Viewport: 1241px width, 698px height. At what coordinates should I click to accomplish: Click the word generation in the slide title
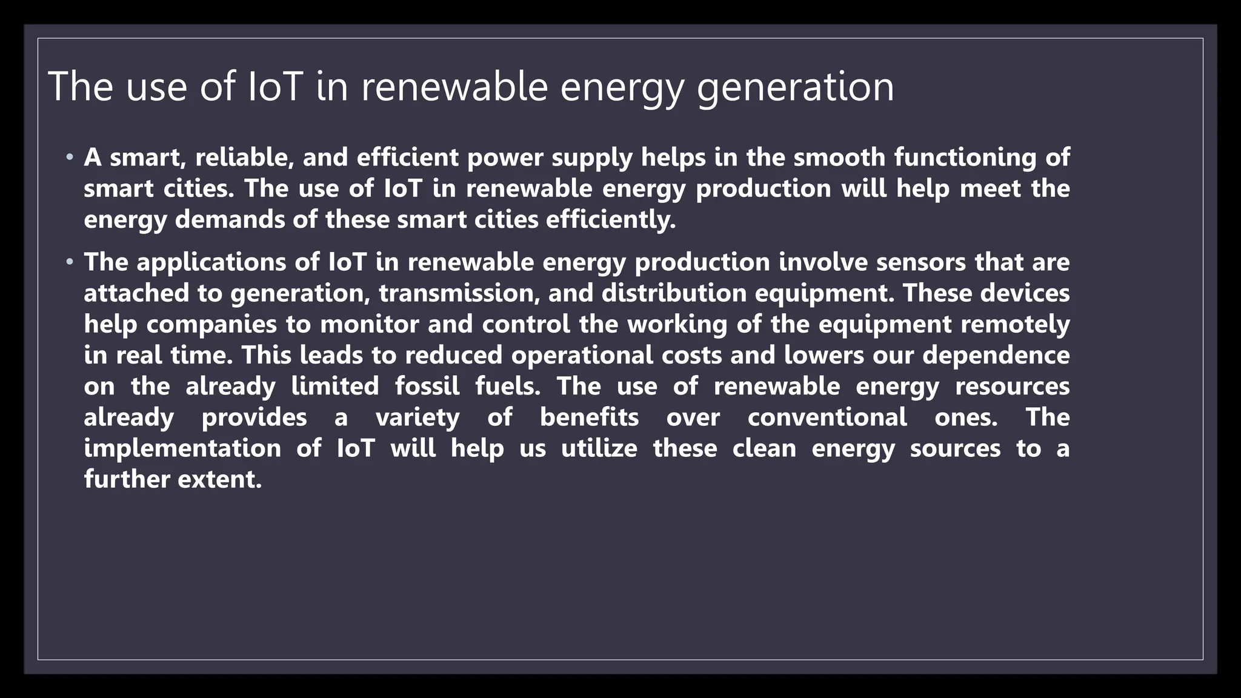pos(795,87)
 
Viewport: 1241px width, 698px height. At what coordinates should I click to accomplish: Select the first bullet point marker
pos(70,158)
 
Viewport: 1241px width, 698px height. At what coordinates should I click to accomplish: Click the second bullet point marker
pos(70,263)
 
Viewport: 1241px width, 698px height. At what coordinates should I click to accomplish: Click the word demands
pos(230,219)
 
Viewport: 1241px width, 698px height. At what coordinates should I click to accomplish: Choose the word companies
pos(211,325)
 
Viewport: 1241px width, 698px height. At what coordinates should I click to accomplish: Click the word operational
pos(582,356)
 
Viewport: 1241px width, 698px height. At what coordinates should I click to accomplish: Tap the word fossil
pos(427,387)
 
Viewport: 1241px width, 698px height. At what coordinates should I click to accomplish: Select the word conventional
pos(827,417)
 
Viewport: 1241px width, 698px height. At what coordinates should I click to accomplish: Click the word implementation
pos(182,449)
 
